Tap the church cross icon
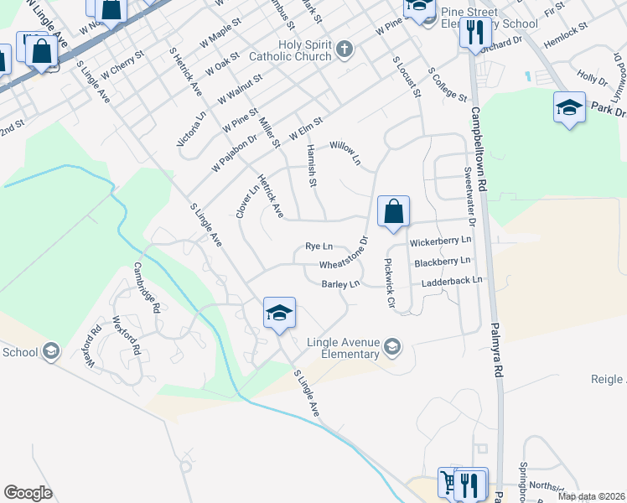tap(344, 50)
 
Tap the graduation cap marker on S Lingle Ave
tap(279, 314)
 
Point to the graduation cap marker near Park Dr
tap(569, 108)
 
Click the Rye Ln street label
tap(319, 246)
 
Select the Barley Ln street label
tap(340, 284)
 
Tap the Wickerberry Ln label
tap(441, 241)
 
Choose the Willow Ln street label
tap(345, 152)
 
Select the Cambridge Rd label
tap(147, 288)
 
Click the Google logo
tap(28, 493)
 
